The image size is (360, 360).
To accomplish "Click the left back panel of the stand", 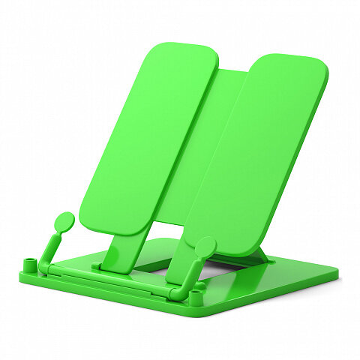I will (x=150, y=135).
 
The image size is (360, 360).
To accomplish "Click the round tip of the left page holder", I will (x=64, y=221).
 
